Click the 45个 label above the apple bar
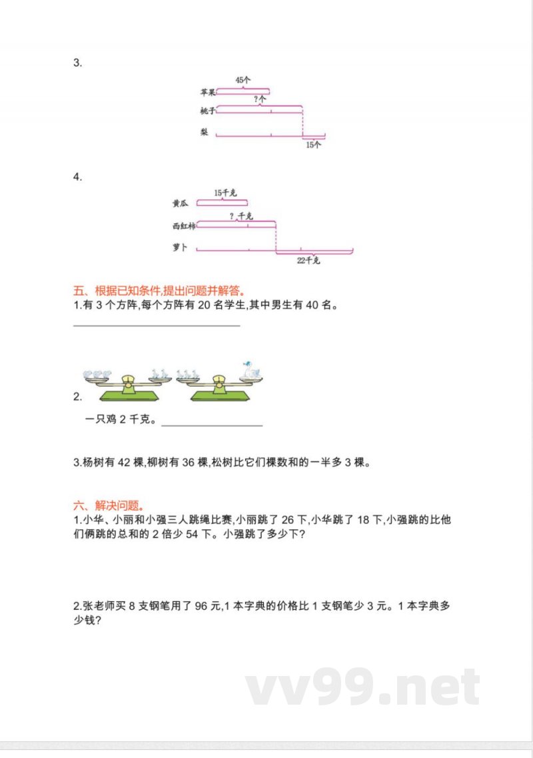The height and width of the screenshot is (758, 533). pyautogui.click(x=243, y=80)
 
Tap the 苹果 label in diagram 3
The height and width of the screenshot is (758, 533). pyautogui.click(x=207, y=93)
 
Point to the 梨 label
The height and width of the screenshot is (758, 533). pyautogui.click(x=205, y=132)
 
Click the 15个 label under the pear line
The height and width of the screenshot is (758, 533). pyautogui.click(x=312, y=144)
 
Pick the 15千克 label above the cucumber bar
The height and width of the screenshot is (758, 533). pyautogui.click(x=225, y=193)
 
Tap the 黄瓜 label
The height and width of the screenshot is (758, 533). pyautogui.click(x=179, y=204)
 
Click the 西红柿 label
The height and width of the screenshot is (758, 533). pyautogui.click(x=183, y=227)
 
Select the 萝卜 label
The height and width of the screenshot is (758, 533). pyautogui.click(x=180, y=248)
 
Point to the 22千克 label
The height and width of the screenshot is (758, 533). pyautogui.click(x=309, y=261)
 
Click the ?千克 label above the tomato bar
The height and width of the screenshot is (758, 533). pyautogui.click(x=241, y=216)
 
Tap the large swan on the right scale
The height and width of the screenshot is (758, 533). pyautogui.click(x=251, y=369)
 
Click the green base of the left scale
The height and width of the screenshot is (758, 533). pyautogui.click(x=130, y=396)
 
